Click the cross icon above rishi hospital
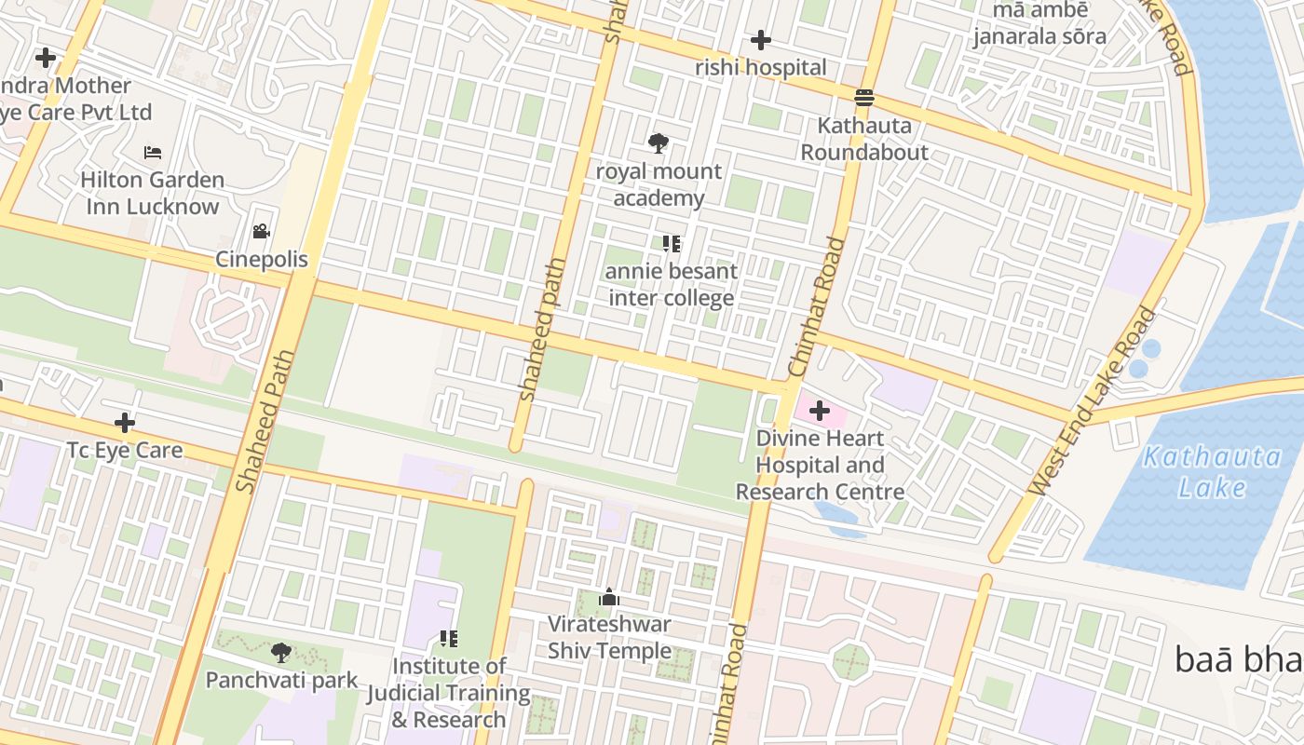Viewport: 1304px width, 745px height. (x=761, y=40)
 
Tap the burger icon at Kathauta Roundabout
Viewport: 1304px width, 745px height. (x=864, y=97)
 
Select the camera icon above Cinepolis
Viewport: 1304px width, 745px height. (x=261, y=231)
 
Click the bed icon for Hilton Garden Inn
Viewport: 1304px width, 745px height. (x=153, y=152)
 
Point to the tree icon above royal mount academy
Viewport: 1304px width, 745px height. (x=659, y=143)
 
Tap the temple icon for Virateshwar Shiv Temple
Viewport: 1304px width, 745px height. (x=609, y=597)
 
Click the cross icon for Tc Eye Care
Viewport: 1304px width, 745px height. (x=125, y=423)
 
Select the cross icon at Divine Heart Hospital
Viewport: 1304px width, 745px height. (x=820, y=411)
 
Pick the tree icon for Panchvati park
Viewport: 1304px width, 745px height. (x=280, y=652)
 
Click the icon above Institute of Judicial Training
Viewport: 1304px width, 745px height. (x=449, y=639)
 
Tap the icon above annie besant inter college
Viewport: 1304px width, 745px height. (x=672, y=244)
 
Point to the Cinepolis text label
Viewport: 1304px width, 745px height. (x=262, y=259)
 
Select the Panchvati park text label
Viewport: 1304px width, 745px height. (x=281, y=680)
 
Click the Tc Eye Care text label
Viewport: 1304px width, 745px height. (x=125, y=451)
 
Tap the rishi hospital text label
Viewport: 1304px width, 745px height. (x=761, y=67)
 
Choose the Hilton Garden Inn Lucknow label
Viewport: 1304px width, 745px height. (x=152, y=193)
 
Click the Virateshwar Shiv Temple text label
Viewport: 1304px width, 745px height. (x=609, y=637)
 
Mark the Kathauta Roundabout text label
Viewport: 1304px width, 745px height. (x=864, y=138)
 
